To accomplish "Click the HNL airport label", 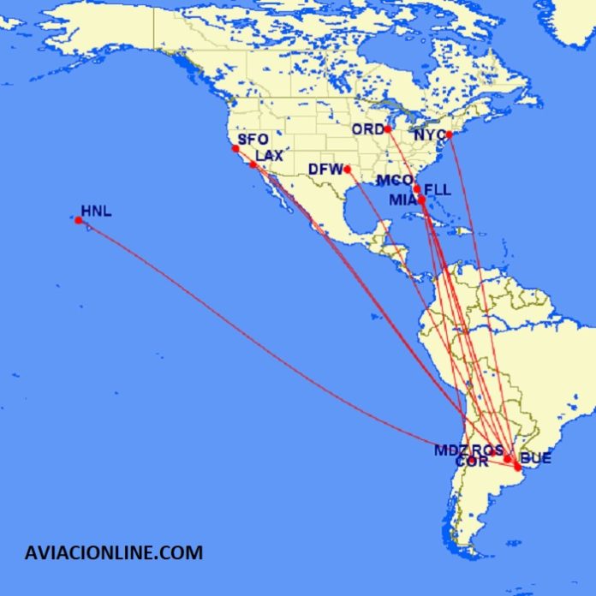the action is pos(96,211).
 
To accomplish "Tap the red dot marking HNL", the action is pos(79,221).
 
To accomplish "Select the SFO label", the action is pos(253,139).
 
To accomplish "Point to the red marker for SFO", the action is pos(235,149).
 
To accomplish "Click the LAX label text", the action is pos(269,155).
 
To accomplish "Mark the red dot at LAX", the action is pos(253,164).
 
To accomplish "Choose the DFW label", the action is pos(325,170).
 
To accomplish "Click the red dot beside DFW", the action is pos(347,170).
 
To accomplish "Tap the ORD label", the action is pos(368,129).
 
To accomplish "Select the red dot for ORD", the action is pos(388,129).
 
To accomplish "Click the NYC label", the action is pos(429,136).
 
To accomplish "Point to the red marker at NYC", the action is pos(449,134).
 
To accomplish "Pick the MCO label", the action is pos(395,182).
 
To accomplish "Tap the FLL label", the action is pos(438,189).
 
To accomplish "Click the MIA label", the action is pos(402,200).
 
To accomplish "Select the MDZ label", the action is pos(450,450).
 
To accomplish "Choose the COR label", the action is pos(472,462).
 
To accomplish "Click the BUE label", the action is pos(536,459).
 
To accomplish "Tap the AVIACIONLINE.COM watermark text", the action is pos(114,552).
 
